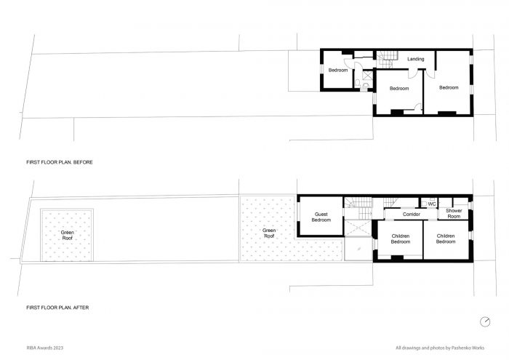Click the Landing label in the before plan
(x=415, y=59)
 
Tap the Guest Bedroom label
(x=321, y=217)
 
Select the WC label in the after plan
(x=432, y=204)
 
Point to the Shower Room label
(x=454, y=213)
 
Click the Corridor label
(x=412, y=215)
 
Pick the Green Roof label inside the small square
(x=67, y=236)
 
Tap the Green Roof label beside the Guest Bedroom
(x=269, y=233)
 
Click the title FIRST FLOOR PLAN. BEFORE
(x=60, y=162)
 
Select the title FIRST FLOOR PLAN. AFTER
(x=57, y=308)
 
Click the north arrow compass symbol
(x=485, y=321)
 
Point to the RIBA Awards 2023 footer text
(x=45, y=348)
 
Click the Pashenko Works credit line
(x=440, y=348)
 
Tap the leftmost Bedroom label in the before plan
(x=338, y=70)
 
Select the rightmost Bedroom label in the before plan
(x=449, y=88)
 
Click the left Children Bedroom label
(x=400, y=239)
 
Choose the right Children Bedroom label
(x=445, y=239)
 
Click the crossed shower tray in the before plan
(x=368, y=76)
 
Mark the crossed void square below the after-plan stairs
(x=357, y=228)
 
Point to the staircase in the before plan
(x=387, y=59)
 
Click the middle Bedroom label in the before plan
(x=399, y=88)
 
